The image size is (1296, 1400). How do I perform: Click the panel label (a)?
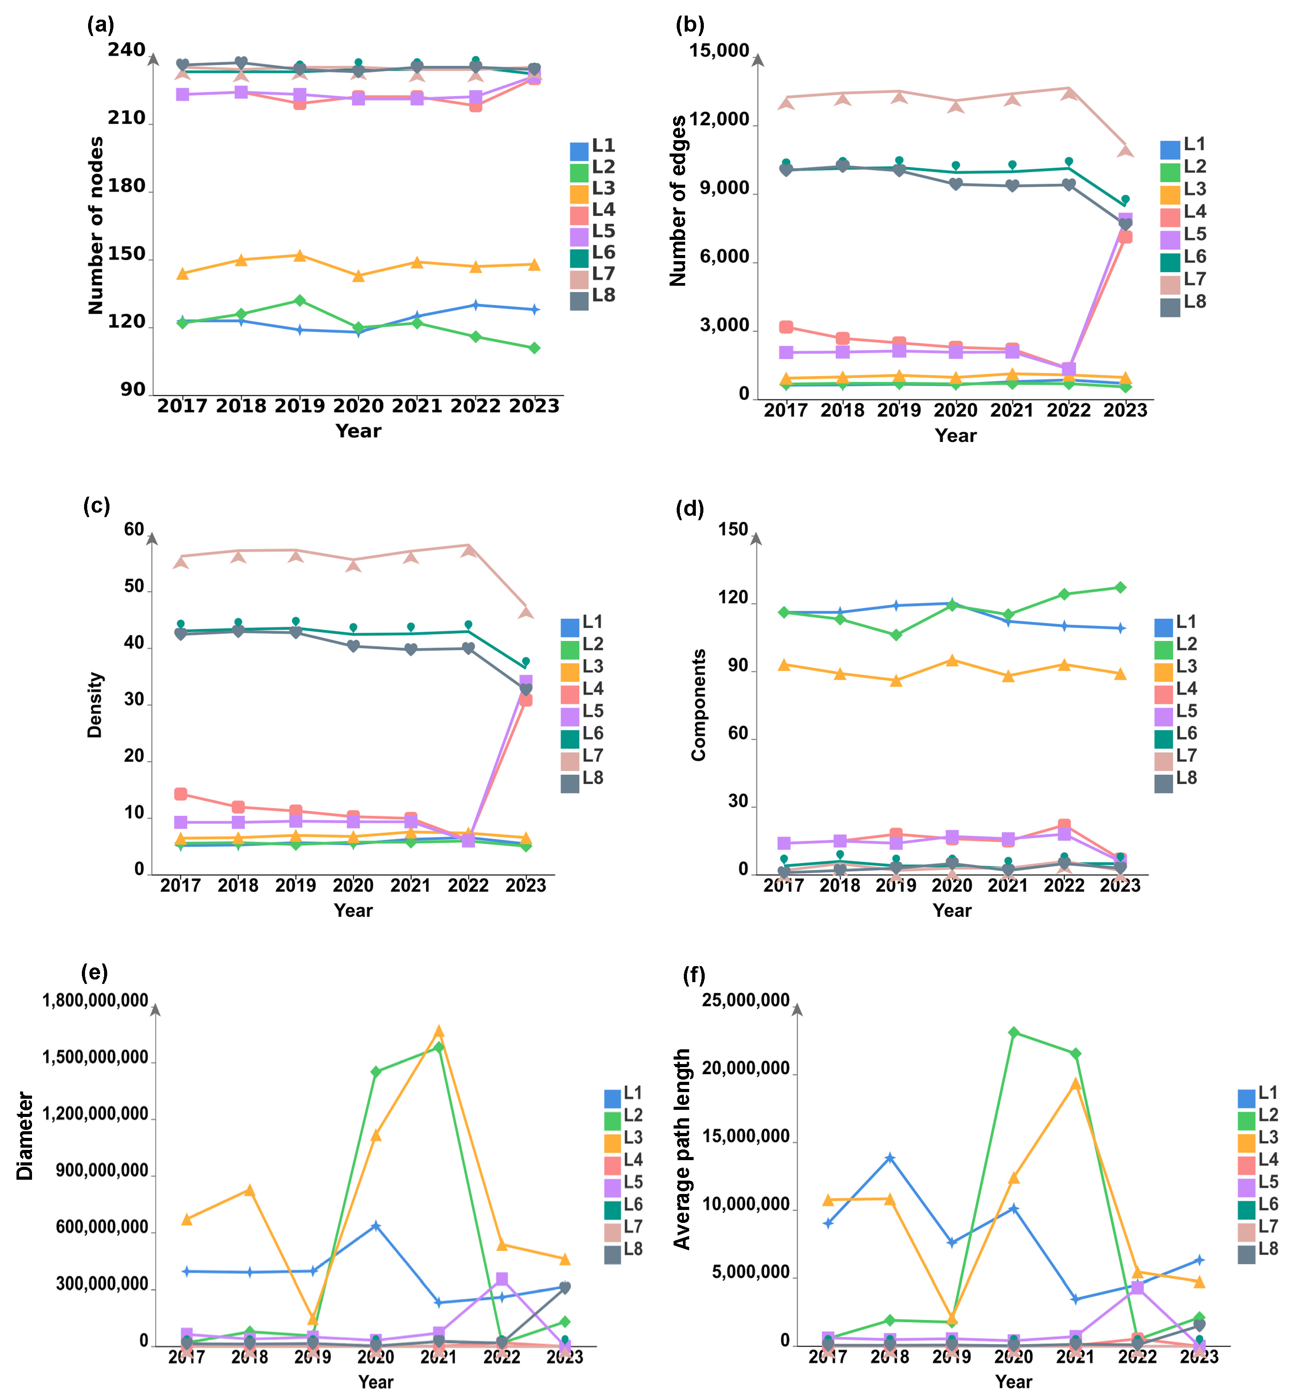tap(100, 25)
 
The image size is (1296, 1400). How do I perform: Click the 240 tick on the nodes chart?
tap(126, 50)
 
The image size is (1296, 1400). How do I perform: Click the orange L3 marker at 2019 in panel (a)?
tap(299, 256)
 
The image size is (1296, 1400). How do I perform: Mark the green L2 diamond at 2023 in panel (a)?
tap(534, 348)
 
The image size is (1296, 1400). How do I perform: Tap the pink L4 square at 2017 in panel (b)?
tap(786, 327)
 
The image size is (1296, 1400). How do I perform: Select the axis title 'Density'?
tap(95, 705)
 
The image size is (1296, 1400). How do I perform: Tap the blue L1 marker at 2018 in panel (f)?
tap(890, 1158)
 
